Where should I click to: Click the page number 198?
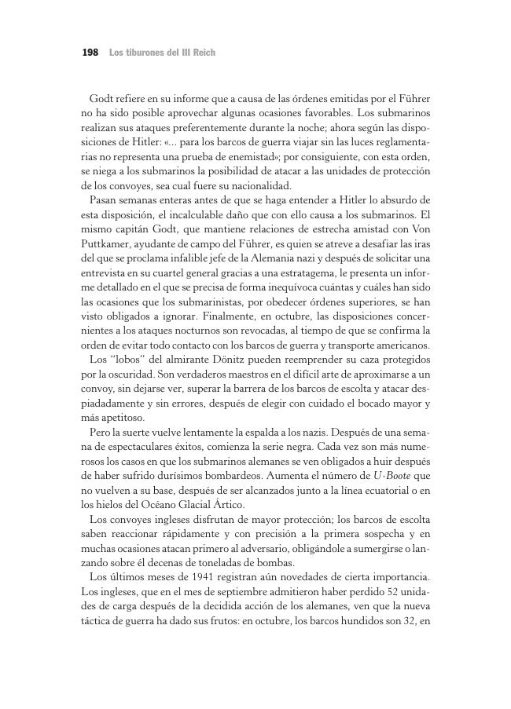point(90,53)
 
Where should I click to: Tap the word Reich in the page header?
point(202,53)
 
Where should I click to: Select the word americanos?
point(399,345)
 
